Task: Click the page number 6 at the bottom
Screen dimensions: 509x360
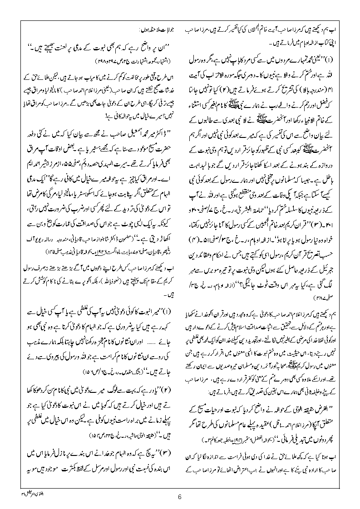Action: tap(180, 496)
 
